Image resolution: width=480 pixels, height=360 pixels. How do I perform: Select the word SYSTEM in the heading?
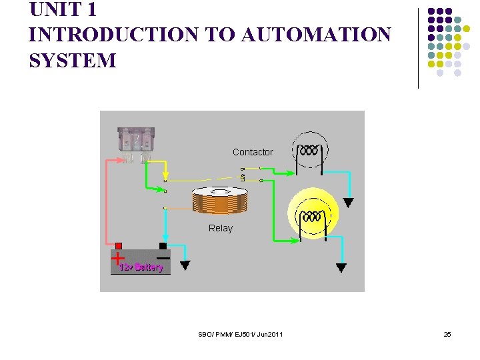pos(73,61)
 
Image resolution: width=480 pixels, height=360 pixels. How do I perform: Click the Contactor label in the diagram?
pos(253,152)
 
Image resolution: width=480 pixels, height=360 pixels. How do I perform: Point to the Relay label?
pos(221,228)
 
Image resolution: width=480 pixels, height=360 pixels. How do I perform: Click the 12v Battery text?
pos(141,267)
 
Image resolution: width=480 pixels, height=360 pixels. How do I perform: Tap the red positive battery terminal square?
pos(119,246)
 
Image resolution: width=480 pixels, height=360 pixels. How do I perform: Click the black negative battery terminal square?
pos(163,246)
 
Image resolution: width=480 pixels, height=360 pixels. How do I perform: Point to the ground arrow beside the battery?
pos(185,265)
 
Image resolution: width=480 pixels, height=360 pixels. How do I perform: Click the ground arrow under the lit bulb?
pos(341,268)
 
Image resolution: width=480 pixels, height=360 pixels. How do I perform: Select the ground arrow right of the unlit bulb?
pos(348,203)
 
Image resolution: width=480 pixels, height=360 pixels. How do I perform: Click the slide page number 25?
pos(447,334)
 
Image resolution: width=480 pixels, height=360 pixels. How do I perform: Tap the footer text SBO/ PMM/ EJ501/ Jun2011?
pos(240,334)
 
